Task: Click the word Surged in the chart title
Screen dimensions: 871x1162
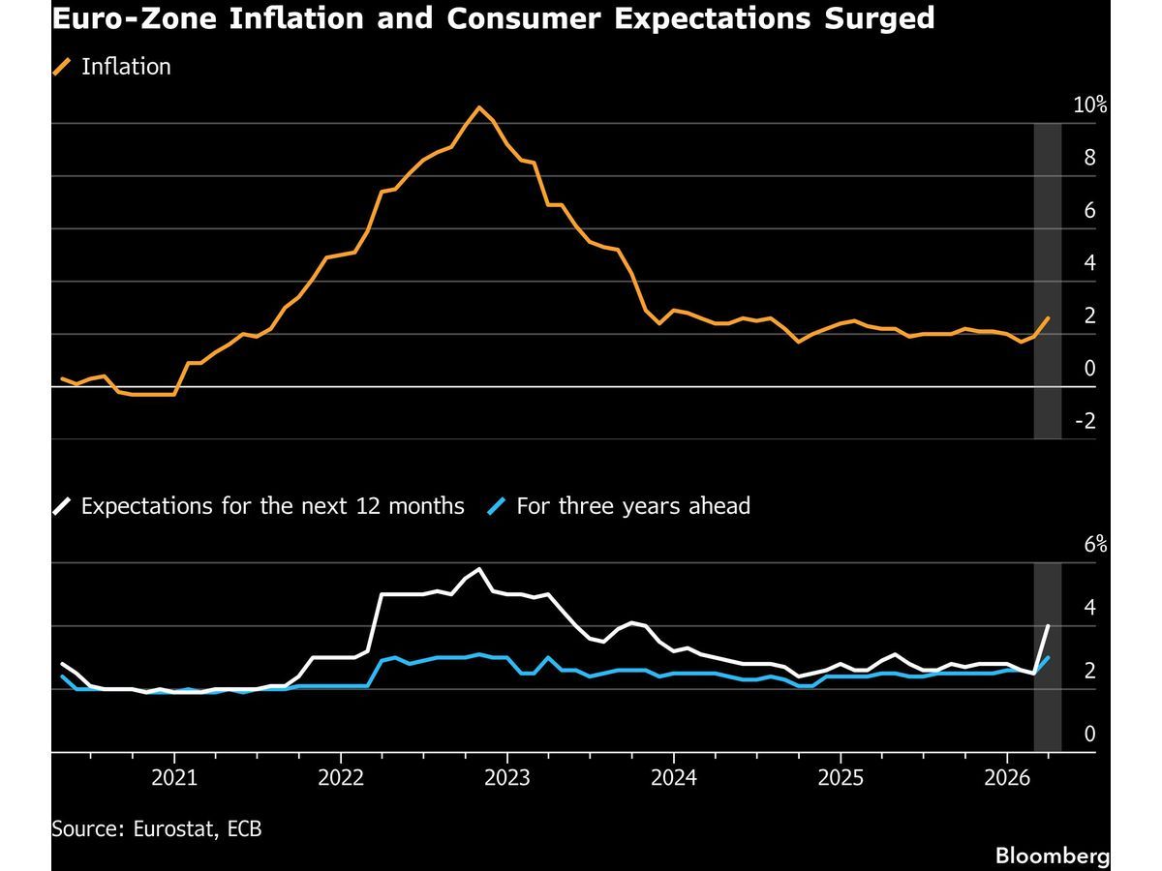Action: [x=874, y=17]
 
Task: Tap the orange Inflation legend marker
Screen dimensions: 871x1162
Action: [x=63, y=67]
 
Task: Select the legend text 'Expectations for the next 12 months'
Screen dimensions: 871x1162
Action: [x=272, y=506]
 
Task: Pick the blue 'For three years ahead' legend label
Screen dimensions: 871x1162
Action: [x=632, y=506]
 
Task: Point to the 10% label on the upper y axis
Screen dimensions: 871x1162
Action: [x=1089, y=105]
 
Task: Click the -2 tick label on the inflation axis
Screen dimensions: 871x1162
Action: [x=1086, y=421]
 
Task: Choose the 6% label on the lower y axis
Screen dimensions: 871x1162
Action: [x=1094, y=545]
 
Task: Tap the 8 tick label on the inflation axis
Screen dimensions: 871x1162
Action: [x=1089, y=158]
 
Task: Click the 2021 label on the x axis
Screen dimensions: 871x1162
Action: [x=174, y=778]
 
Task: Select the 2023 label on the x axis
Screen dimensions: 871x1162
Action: [x=507, y=778]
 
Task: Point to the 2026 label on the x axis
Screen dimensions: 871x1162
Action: [x=1007, y=778]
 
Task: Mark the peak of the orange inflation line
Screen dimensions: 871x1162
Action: [x=478, y=107]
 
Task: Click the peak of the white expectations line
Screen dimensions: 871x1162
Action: [x=479, y=569]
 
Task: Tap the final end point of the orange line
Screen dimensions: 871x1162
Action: [x=1048, y=318]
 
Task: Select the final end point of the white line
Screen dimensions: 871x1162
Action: [x=1048, y=626]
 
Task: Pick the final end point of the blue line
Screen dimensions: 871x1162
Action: [x=1048, y=658]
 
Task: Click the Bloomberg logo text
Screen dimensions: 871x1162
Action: [x=1052, y=856]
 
